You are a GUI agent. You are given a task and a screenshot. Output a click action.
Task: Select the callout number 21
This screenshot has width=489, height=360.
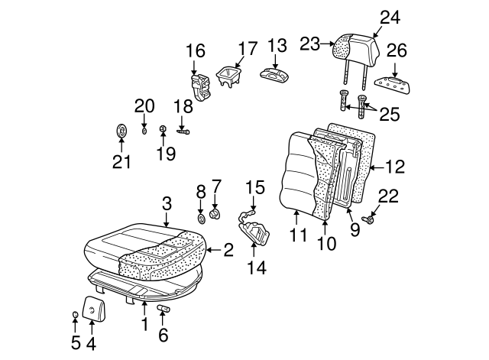(121, 161)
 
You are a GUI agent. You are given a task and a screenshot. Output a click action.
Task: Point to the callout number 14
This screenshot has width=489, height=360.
(256, 268)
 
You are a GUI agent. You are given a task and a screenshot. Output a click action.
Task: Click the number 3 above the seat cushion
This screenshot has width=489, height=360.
(166, 203)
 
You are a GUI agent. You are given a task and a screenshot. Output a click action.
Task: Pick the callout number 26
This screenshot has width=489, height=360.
(396, 52)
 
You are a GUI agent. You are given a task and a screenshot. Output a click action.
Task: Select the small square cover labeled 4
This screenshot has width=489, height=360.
(92, 310)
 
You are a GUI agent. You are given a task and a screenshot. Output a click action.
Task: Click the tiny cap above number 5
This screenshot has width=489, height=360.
(74, 316)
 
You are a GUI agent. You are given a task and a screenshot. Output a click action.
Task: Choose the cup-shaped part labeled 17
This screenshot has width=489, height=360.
(228, 75)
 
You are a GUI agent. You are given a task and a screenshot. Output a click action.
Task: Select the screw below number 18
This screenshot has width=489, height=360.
(184, 131)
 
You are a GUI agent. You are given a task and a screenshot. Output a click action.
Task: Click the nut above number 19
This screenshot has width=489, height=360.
(163, 129)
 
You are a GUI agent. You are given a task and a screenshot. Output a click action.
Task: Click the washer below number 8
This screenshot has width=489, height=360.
(201, 219)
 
